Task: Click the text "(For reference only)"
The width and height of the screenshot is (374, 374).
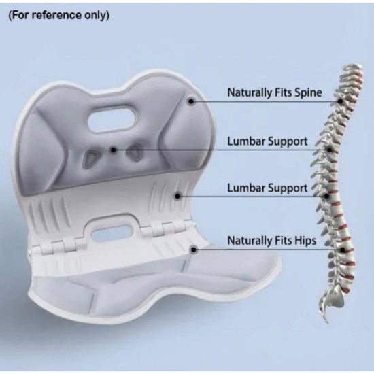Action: point(59,16)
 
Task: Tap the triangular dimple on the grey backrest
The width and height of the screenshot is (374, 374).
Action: point(90,157)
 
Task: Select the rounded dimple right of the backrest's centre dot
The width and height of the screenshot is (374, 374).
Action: point(135,152)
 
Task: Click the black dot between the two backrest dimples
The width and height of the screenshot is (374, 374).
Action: point(114,150)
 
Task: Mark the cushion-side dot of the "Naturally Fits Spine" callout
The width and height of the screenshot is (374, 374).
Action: point(191,101)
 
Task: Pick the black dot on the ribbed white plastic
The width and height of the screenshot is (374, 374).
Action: point(177,196)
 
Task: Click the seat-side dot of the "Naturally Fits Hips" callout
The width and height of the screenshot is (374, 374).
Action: point(194,250)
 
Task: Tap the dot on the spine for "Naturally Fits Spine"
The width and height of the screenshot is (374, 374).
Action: point(341,101)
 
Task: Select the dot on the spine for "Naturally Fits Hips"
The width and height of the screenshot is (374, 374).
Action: point(343,250)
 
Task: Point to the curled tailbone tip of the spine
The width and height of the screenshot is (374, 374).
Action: point(325,318)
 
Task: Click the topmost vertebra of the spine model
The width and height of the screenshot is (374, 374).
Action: point(353,68)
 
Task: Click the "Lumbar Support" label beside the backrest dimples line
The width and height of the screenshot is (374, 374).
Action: point(267,141)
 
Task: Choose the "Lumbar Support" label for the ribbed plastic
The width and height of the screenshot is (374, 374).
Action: point(267,188)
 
